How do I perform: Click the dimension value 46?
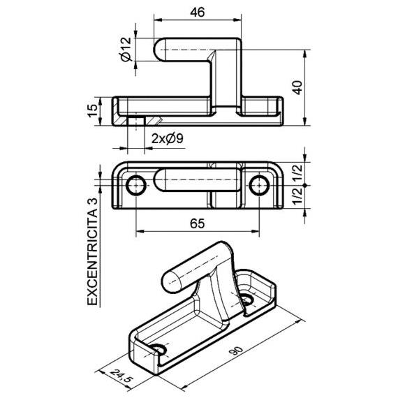[198, 12]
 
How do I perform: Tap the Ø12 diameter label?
[126, 50]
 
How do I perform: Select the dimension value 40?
[297, 87]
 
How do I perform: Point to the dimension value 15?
[93, 111]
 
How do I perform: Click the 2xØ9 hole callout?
[168, 139]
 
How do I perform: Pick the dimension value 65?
[198, 223]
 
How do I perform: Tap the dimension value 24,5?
[121, 376]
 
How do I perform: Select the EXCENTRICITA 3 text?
[93, 252]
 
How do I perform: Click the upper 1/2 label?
[297, 172]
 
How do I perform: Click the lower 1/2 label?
[297, 197]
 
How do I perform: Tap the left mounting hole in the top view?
[136, 185]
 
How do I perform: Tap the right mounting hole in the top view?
[259, 185]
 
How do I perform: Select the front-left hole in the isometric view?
[158, 349]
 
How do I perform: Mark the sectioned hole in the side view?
[136, 121]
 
